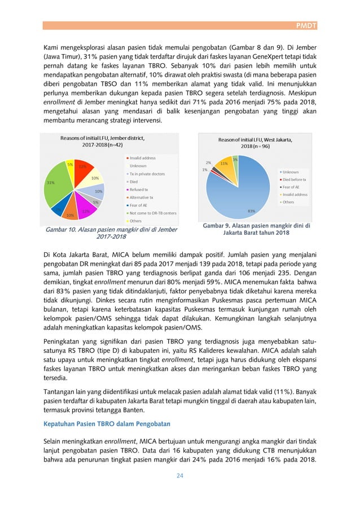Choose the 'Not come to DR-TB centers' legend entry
click(152, 213)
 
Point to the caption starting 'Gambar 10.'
click(111, 233)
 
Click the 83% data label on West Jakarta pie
click(251, 210)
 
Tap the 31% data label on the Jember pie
click(51, 183)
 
